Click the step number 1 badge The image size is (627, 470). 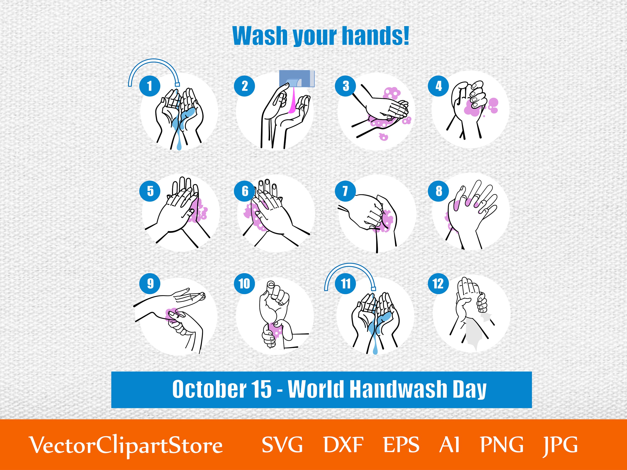tap(150, 86)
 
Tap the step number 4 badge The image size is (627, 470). tap(438, 86)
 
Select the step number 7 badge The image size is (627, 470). tap(345, 191)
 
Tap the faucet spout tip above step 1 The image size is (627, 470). tap(177, 84)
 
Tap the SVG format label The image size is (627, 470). tap(282, 445)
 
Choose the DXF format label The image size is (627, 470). tap(343, 445)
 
